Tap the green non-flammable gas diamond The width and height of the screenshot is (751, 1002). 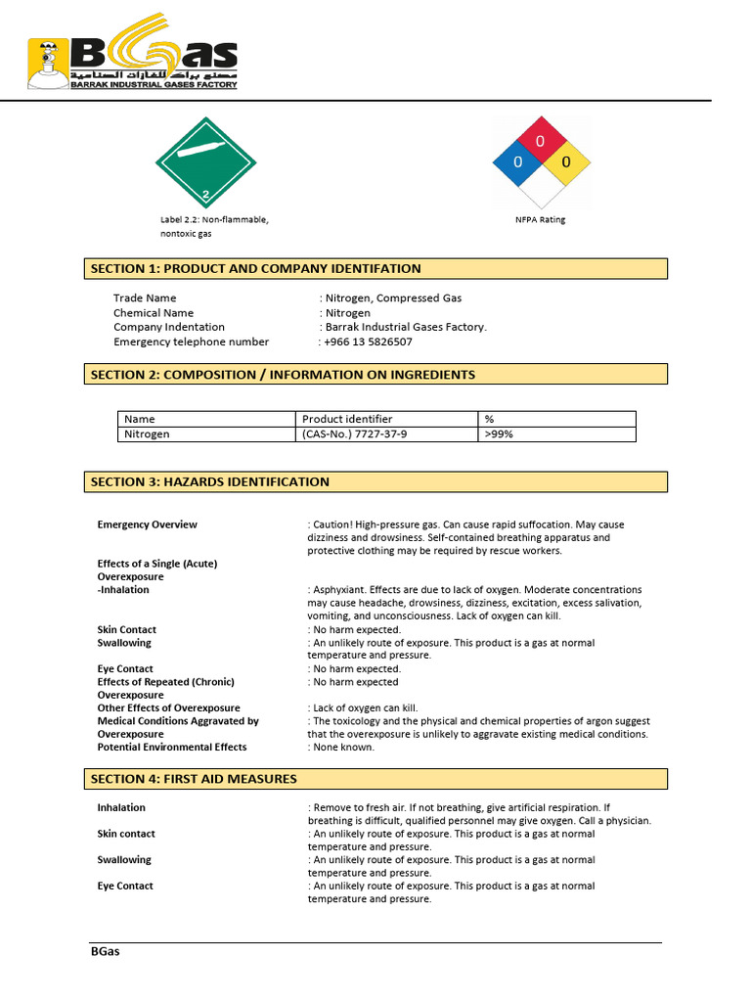(206, 162)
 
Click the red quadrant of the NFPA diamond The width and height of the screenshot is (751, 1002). (541, 140)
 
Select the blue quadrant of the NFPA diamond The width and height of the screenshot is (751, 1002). (518, 162)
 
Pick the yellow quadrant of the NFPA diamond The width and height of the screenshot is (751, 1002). (564, 162)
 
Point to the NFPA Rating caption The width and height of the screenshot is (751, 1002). (541, 219)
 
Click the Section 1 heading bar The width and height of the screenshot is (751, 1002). (375, 269)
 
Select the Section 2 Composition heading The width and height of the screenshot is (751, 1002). (375, 375)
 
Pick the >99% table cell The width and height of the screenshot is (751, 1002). (498, 433)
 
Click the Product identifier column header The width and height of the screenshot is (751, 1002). (347, 419)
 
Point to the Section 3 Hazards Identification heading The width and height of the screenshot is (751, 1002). (375, 481)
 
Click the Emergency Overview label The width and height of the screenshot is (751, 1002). (147, 524)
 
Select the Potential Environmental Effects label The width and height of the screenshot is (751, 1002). (171, 747)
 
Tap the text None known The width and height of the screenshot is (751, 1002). (343, 747)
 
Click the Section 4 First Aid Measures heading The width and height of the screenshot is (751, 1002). (375, 779)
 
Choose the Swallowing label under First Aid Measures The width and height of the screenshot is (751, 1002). (124, 860)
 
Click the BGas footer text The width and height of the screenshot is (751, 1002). (105, 951)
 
